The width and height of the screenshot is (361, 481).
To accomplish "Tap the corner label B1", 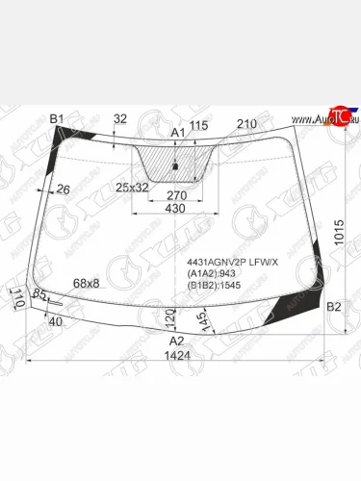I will point(56,118).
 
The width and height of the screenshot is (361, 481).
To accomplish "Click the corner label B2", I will point(334,307).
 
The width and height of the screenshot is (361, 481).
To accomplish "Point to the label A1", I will point(177,132).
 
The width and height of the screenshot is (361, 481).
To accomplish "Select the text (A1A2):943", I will point(208,273).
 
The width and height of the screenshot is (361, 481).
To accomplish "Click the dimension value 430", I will point(175,209).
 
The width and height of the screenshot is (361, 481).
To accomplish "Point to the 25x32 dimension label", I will point(132,187).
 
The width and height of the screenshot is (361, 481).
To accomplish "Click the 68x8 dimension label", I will point(87,282).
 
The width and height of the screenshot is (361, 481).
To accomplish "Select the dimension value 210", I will point(246,124).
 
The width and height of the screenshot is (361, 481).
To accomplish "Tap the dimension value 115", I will point(199,126).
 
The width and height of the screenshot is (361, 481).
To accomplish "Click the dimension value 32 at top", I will point(120,118).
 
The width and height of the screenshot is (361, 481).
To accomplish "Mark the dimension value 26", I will point(64,190).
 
